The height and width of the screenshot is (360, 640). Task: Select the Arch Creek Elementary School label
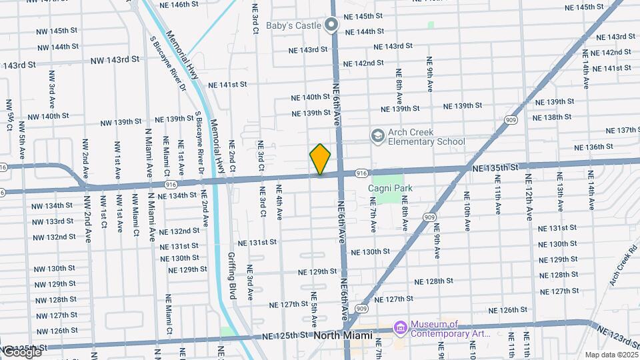click(x=426, y=137)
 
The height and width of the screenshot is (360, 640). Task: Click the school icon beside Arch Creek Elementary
click(x=378, y=136)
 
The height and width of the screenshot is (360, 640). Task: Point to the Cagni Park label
click(x=390, y=189)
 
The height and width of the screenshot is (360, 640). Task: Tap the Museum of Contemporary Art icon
click(x=400, y=328)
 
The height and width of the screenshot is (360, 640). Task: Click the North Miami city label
click(x=342, y=335)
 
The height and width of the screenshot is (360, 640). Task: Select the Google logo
click(x=21, y=351)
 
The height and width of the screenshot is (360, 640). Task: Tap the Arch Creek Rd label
click(x=623, y=267)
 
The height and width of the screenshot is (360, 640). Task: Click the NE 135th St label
click(x=495, y=169)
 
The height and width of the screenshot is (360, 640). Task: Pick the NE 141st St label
click(x=227, y=85)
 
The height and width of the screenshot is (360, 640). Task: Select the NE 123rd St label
click(x=617, y=335)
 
